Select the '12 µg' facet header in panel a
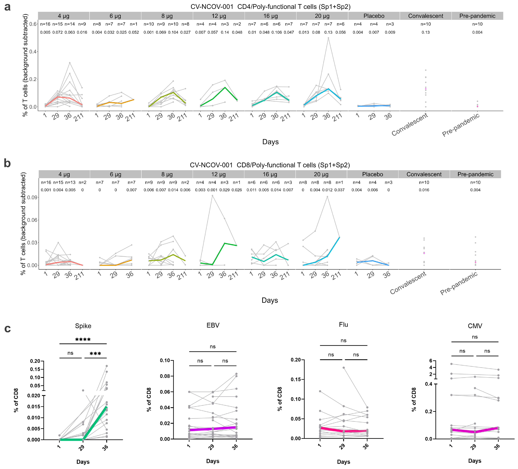(219, 16)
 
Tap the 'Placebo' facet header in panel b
(372, 174)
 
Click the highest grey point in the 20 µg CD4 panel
(328, 38)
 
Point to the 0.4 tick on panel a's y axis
(33, 52)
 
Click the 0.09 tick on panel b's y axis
(32, 197)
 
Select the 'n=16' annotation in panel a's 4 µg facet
(45, 24)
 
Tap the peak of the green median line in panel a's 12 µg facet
(225, 87)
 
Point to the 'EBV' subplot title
(213, 325)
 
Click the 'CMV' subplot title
(475, 326)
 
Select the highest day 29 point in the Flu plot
(344, 368)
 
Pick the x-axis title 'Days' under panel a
(270, 142)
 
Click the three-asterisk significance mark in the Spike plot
(95, 354)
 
